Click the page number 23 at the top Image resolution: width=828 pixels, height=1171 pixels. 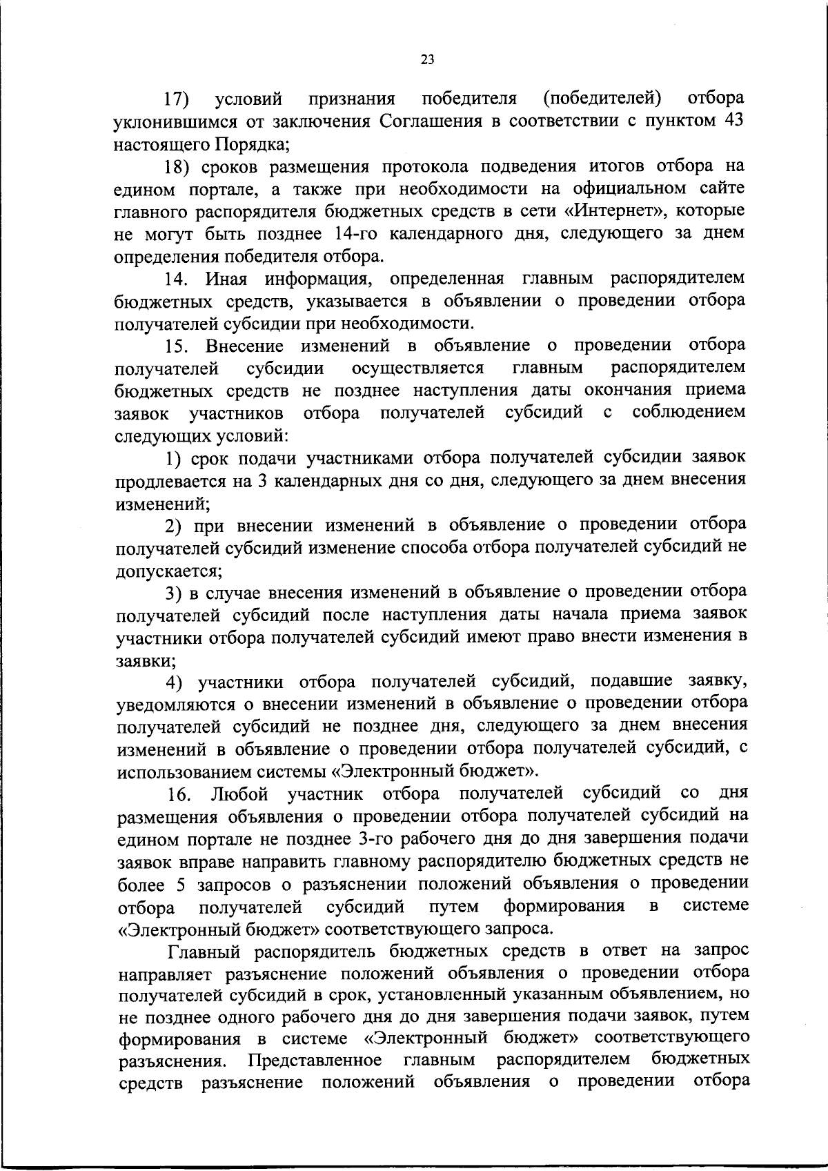426,60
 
